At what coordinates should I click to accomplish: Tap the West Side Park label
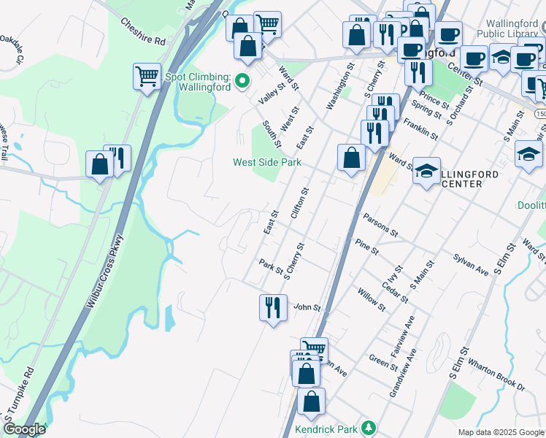click(266, 162)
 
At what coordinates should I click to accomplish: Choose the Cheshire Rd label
click(145, 31)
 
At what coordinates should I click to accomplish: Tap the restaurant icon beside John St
click(273, 307)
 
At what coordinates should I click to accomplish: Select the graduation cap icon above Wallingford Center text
click(426, 172)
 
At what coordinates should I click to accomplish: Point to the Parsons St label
click(380, 226)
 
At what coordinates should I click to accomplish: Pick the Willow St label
click(372, 299)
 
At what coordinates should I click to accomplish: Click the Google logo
click(24, 429)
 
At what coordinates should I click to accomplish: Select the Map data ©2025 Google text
click(500, 432)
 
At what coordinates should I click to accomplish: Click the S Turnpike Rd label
click(20, 388)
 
